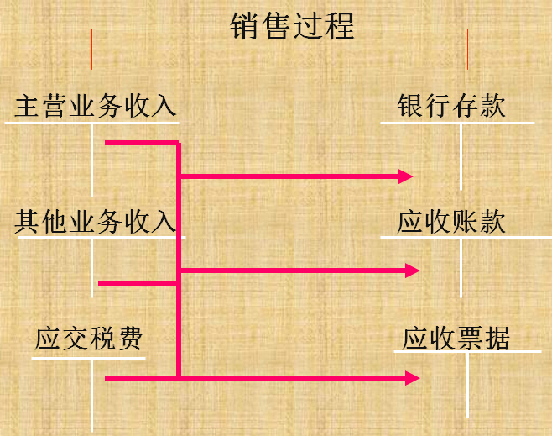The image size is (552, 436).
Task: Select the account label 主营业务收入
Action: point(96,107)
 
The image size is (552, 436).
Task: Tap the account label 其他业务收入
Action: point(96,222)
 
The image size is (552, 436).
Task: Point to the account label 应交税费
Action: point(89,339)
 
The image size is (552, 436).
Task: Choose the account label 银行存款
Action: point(452,107)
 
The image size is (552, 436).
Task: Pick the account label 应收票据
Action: point(456,339)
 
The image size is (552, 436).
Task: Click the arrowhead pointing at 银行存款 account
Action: point(406,176)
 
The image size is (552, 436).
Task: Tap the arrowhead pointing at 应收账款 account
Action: point(411,271)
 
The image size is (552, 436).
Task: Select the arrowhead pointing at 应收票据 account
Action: point(411,378)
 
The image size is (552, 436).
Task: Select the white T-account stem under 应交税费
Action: point(92,395)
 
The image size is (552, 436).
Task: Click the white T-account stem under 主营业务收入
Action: point(92,160)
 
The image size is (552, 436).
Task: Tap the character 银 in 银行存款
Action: point(411,107)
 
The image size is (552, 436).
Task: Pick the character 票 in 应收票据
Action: point(470,339)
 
